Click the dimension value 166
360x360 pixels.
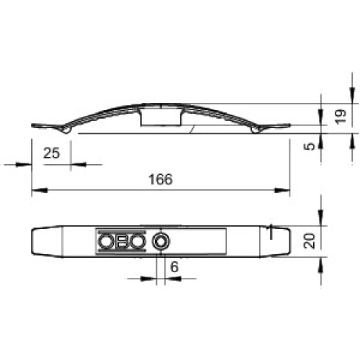pyautogui.click(x=161, y=179)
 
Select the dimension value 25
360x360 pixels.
pyautogui.click(x=51, y=153)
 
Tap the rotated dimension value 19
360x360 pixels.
pyautogui.click(x=341, y=117)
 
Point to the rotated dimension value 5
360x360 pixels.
pyautogui.click(x=310, y=146)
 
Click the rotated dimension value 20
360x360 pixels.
pyautogui.click(x=309, y=240)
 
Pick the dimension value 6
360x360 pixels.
pyautogui.click(x=174, y=267)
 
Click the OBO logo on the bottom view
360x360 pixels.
pyautogui.click(x=122, y=241)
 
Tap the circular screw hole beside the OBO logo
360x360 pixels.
pyautogui.click(x=161, y=241)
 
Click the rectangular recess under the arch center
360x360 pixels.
pyautogui.click(x=161, y=117)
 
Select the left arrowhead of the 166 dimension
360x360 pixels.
pyautogui.click(x=40, y=190)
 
